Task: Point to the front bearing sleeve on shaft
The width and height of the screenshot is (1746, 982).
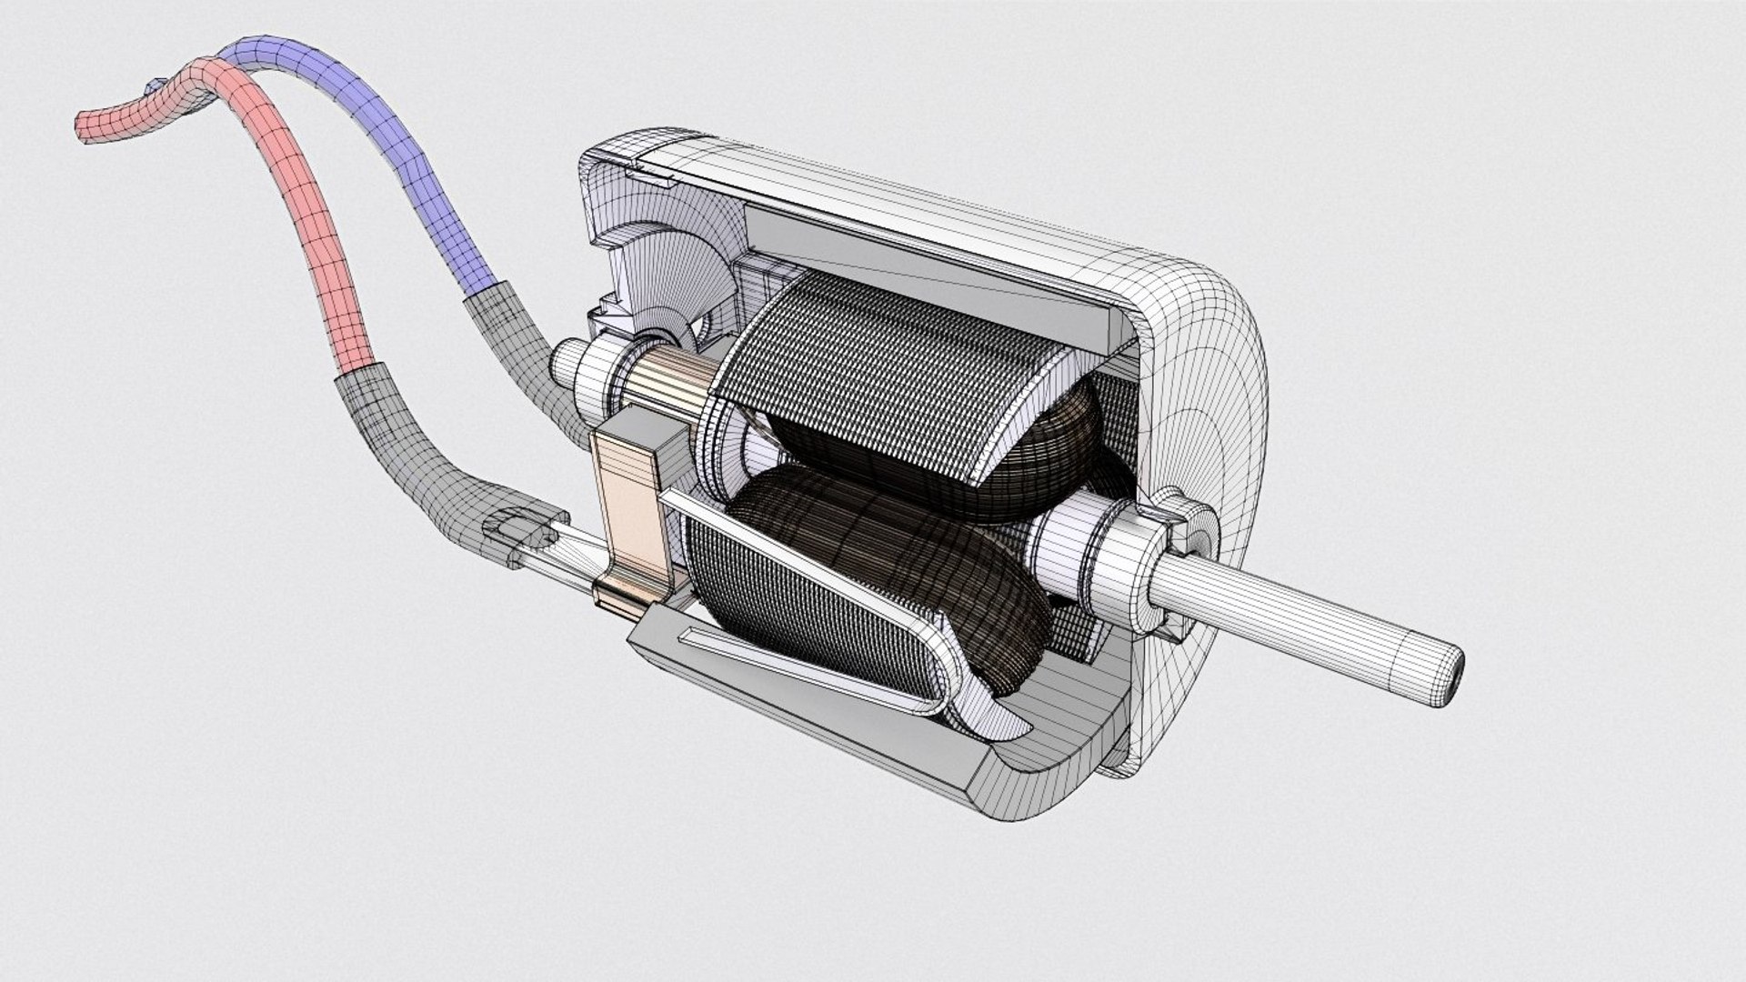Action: pyautogui.click(x=1073, y=550)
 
